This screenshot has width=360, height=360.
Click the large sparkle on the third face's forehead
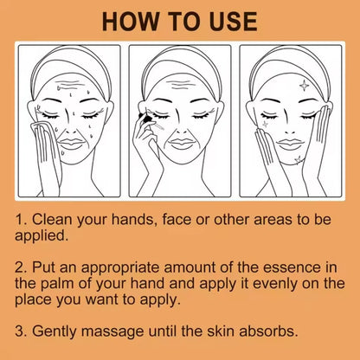pos(304,86)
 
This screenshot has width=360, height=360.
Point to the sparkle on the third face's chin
pos(298,159)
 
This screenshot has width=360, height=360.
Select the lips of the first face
pos(72,143)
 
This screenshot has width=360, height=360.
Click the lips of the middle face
pos(181,144)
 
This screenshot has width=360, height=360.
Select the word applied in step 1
pos(42,236)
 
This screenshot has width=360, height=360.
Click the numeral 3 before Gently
pos(19,331)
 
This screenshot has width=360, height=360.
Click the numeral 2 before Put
pos(19,267)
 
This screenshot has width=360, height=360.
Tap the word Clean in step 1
pos(52,220)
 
